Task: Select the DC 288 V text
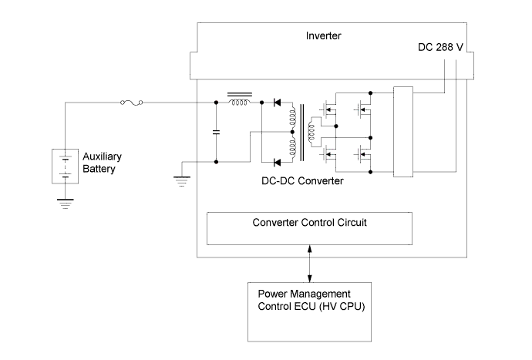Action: (x=437, y=48)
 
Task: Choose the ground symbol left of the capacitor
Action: (x=182, y=180)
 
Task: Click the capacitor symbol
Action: (x=217, y=132)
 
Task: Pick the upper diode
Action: (x=278, y=102)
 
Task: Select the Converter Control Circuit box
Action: (x=309, y=228)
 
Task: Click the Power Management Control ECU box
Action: (x=309, y=311)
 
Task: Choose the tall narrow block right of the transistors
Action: (x=403, y=131)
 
